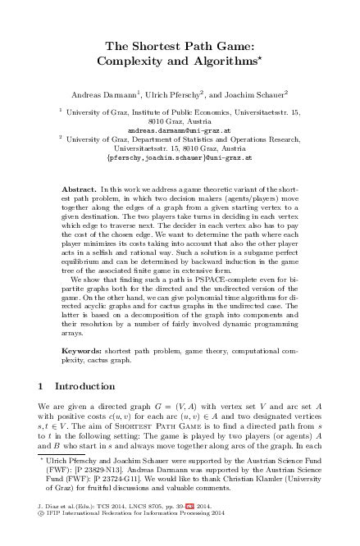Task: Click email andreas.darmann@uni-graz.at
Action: [180, 130]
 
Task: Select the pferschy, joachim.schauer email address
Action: [180, 157]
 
